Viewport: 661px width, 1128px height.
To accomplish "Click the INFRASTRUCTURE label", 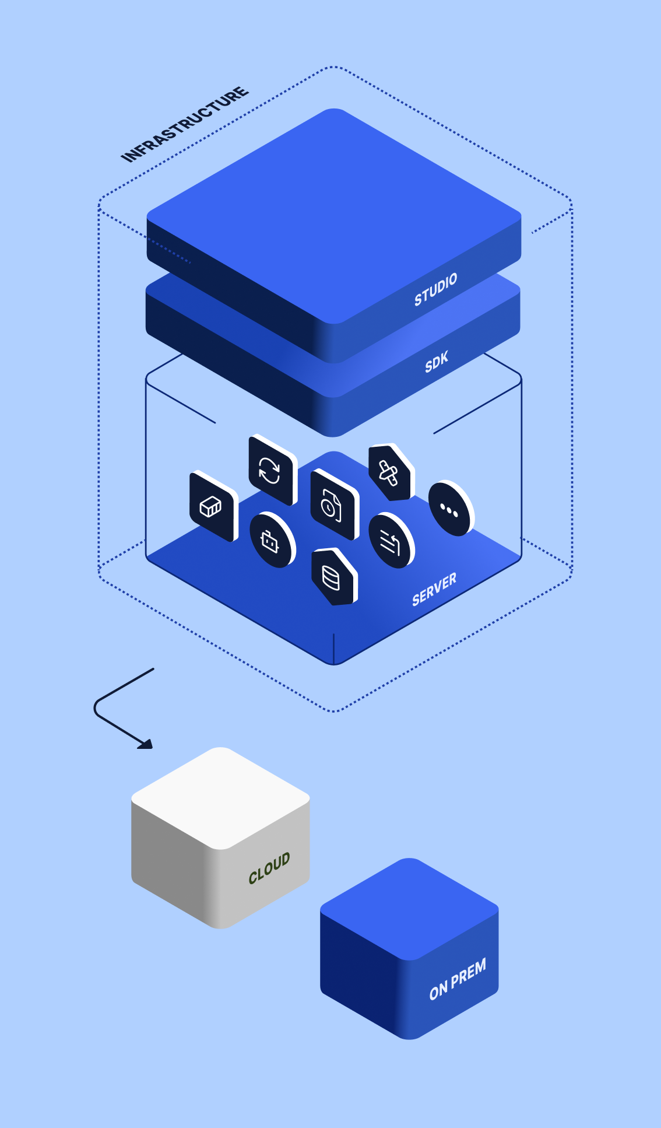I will click(185, 124).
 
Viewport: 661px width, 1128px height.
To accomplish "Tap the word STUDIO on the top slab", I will click(435, 289).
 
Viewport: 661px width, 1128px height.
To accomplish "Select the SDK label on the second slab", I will click(437, 362).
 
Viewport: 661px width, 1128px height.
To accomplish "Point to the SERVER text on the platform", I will click(434, 590).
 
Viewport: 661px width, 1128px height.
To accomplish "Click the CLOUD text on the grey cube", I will click(269, 868).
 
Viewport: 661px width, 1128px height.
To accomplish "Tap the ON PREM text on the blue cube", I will click(458, 980).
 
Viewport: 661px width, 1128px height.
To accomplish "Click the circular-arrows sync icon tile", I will click(270, 470).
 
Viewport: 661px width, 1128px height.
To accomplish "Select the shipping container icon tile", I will click(212, 506).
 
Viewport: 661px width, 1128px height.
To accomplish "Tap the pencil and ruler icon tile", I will click(389, 473).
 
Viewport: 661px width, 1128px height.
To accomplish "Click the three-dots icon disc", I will click(449, 509).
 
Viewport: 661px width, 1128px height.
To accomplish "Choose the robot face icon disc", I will click(270, 541).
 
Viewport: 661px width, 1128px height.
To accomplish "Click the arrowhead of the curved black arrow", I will click(146, 744).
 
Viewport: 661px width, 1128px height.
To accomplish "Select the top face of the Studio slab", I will click(333, 216).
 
